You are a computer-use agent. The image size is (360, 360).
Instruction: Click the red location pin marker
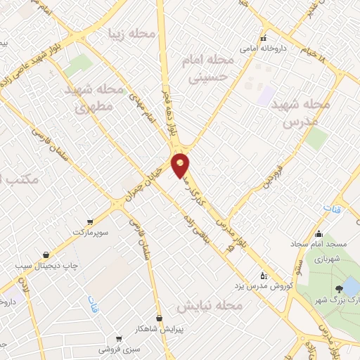tap(181, 164)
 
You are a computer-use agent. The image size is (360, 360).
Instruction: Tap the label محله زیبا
tap(131, 32)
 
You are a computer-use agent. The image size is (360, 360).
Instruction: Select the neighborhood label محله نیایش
tap(210, 307)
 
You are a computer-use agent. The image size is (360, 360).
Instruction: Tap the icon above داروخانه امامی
tap(264, 39)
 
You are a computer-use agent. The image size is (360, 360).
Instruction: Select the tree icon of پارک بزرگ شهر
tap(340, 289)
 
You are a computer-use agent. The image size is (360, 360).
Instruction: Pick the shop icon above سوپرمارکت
tap(89, 220)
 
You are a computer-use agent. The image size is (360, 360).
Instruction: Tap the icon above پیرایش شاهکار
tap(159, 318)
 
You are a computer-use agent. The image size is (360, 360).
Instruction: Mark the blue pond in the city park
tap(349, 287)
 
